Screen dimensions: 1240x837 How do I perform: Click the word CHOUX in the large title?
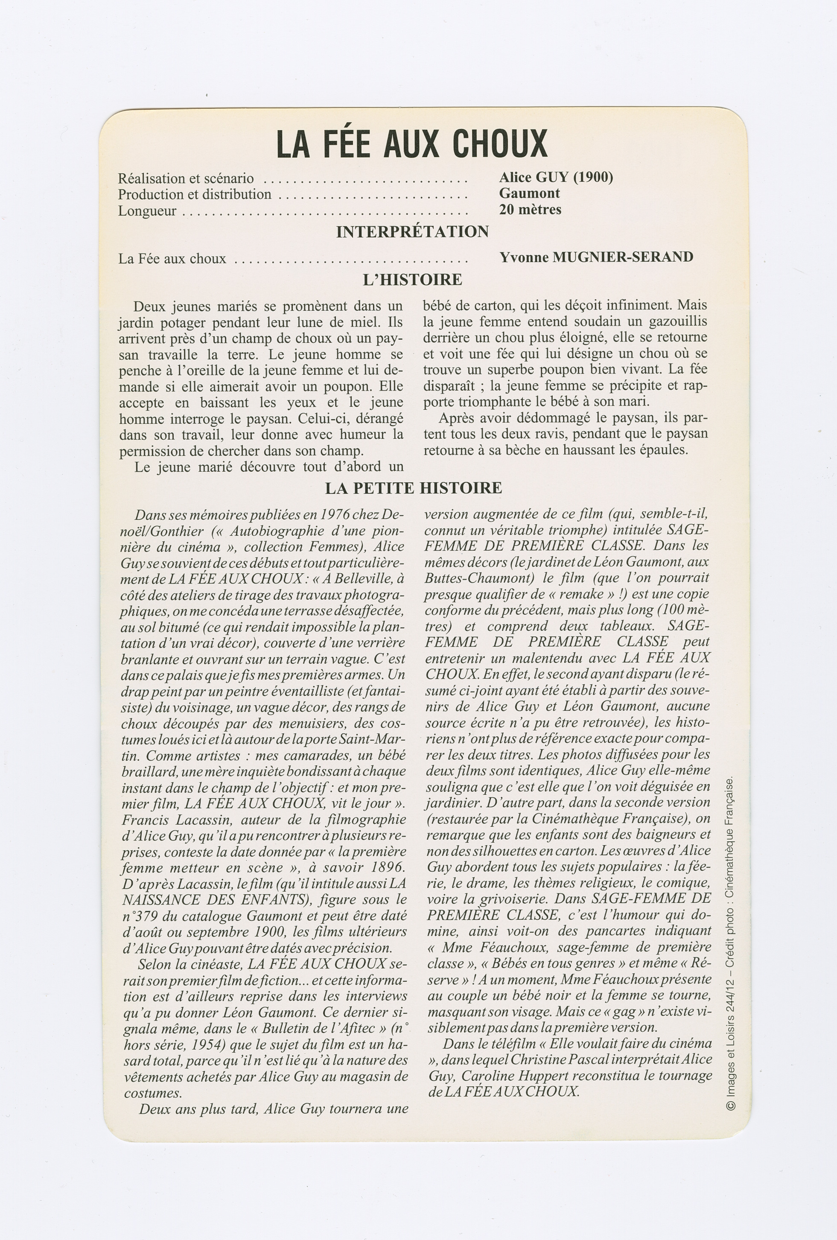pyautogui.click(x=500, y=144)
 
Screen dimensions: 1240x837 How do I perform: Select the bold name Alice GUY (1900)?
pyautogui.click(x=556, y=177)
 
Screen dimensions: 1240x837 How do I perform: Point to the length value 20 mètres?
pyautogui.click(x=530, y=209)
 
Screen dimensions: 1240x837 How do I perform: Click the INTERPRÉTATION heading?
pyautogui.click(x=412, y=231)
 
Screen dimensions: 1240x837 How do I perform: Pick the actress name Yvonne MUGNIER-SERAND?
pyautogui.click(x=596, y=257)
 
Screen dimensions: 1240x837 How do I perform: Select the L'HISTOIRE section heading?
pyautogui.click(x=412, y=280)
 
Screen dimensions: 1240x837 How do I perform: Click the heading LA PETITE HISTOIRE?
pyautogui.click(x=414, y=487)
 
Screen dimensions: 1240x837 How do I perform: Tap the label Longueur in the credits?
pyautogui.click(x=147, y=211)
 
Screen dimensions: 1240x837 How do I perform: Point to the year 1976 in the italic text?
pyautogui.click(x=336, y=515)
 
